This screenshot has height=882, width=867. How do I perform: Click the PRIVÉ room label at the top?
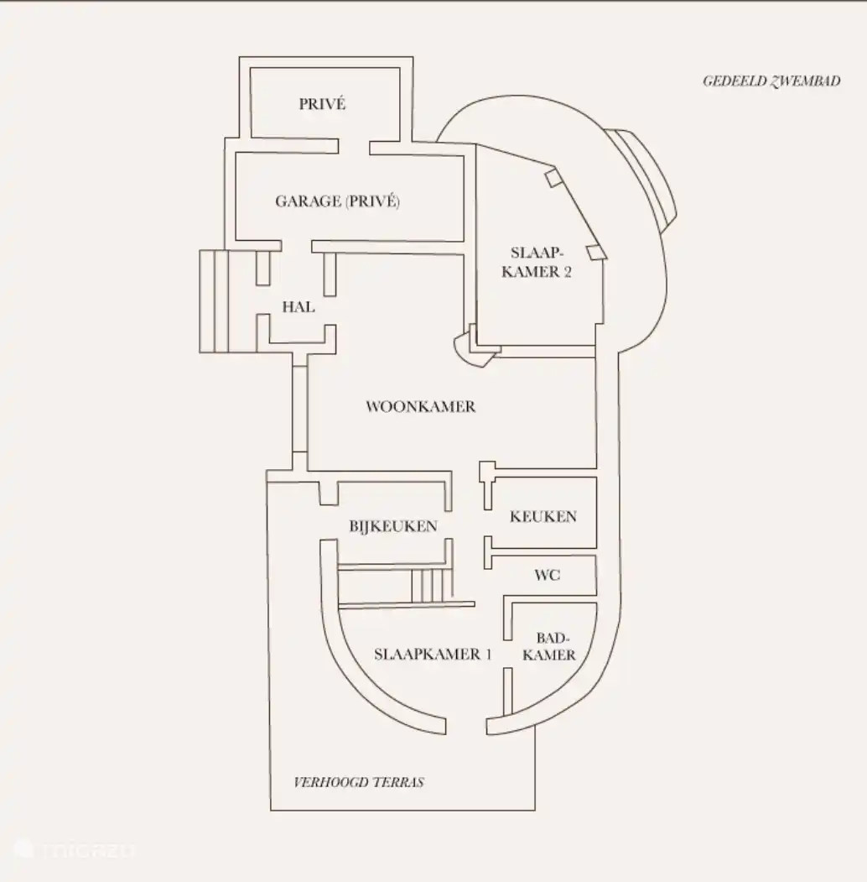pos(322,104)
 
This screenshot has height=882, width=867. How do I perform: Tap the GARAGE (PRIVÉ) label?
pos(337,201)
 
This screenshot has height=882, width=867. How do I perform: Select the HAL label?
pos(299,307)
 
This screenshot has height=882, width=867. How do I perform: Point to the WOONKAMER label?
pos(420,407)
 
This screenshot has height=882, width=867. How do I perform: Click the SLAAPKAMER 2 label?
pos(537,262)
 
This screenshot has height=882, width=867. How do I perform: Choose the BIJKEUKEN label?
pos(392,526)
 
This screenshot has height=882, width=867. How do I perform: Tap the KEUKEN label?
pos(543,517)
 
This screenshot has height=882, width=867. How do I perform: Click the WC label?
pos(548,576)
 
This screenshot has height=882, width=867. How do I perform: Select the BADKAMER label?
pos(549,646)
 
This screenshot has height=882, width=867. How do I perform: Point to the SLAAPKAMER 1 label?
pos(433,655)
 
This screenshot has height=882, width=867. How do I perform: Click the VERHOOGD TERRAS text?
pos(359,782)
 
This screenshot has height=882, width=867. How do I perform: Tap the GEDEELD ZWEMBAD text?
pos(771,81)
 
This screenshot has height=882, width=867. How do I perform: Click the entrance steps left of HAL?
pos(214,301)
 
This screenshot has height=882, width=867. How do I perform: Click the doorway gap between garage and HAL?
pos(296,246)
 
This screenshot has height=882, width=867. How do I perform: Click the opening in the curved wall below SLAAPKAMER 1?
pos(466,726)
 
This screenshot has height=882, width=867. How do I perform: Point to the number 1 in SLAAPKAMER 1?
pos(488,655)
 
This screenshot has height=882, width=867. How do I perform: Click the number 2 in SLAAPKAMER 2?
pos(568,272)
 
